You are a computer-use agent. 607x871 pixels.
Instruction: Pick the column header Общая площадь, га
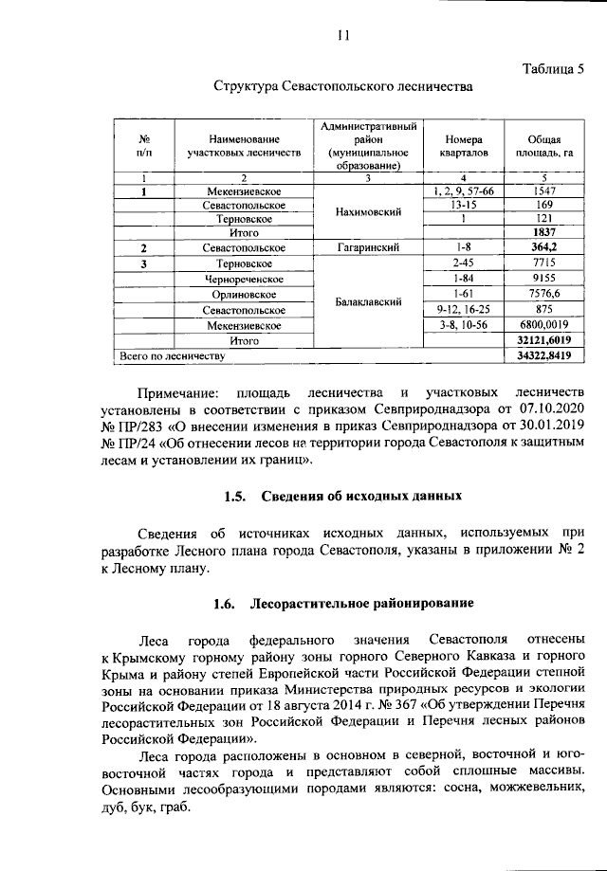[x=543, y=143]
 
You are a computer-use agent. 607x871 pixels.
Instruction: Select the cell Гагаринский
[x=365, y=247]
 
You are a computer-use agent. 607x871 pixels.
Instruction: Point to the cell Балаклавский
[x=365, y=301]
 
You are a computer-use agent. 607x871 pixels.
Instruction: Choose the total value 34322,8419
[x=543, y=355]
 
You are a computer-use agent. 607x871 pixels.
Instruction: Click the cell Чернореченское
[x=245, y=279]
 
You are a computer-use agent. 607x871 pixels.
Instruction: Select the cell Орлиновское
[x=245, y=294]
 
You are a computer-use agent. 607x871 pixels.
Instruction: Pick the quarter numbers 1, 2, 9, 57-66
[x=463, y=191]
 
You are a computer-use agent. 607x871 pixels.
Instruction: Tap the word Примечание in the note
[x=177, y=393]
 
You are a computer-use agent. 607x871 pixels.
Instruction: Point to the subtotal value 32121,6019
[x=543, y=339]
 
